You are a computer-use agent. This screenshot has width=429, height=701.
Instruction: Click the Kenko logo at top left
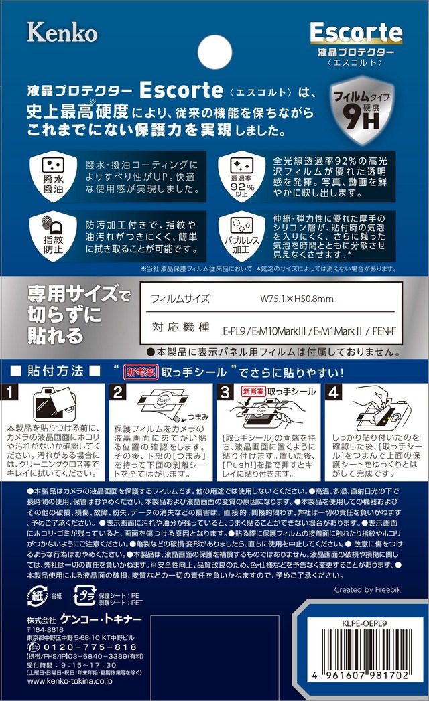pos(62,31)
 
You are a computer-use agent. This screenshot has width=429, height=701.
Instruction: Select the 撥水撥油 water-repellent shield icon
pos(52,175)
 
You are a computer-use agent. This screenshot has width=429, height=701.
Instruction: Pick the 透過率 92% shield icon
pos(243,175)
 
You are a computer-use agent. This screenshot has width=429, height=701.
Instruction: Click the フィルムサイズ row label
pos(180,299)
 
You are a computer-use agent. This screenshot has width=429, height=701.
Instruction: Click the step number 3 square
pos(225,392)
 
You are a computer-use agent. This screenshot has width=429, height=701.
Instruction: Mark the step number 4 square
pos(332,392)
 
